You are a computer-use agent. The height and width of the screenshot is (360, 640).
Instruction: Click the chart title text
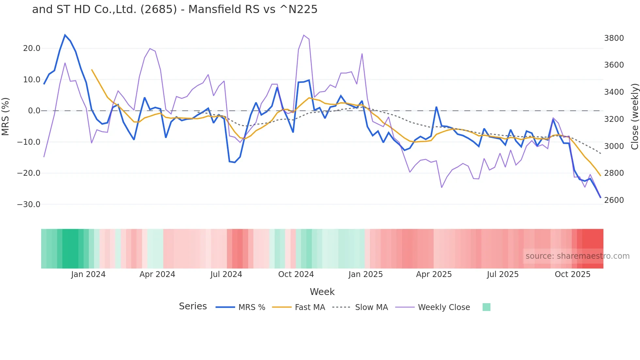click(x=175, y=9)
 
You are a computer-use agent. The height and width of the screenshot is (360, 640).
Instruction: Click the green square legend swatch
click(x=486, y=307)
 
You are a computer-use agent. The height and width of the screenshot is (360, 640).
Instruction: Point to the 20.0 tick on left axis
click(x=32, y=48)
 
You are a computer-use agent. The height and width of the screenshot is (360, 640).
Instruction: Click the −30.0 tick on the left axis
click(x=29, y=205)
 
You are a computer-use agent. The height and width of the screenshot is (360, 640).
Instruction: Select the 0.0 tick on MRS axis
click(x=34, y=111)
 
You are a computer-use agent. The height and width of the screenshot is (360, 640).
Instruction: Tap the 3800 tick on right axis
click(x=614, y=38)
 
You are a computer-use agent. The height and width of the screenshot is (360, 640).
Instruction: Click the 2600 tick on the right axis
click(x=614, y=200)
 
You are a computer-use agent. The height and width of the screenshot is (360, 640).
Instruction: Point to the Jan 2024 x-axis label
click(x=88, y=274)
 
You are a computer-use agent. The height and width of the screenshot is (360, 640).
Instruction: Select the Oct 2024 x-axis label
click(x=296, y=274)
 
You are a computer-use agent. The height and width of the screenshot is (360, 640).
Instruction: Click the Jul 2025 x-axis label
click(x=503, y=274)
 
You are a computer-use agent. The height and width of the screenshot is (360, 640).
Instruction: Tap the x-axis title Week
click(x=322, y=292)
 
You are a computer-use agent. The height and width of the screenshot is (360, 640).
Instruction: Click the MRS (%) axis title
click(x=6, y=116)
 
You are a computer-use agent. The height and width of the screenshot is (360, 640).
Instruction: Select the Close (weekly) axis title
click(x=634, y=117)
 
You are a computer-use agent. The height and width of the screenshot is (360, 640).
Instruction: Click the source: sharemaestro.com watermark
click(x=577, y=256)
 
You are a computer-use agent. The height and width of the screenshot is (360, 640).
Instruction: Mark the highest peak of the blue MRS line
click(x=65, y=35)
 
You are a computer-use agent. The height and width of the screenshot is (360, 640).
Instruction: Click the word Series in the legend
click(x=193, y=306)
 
